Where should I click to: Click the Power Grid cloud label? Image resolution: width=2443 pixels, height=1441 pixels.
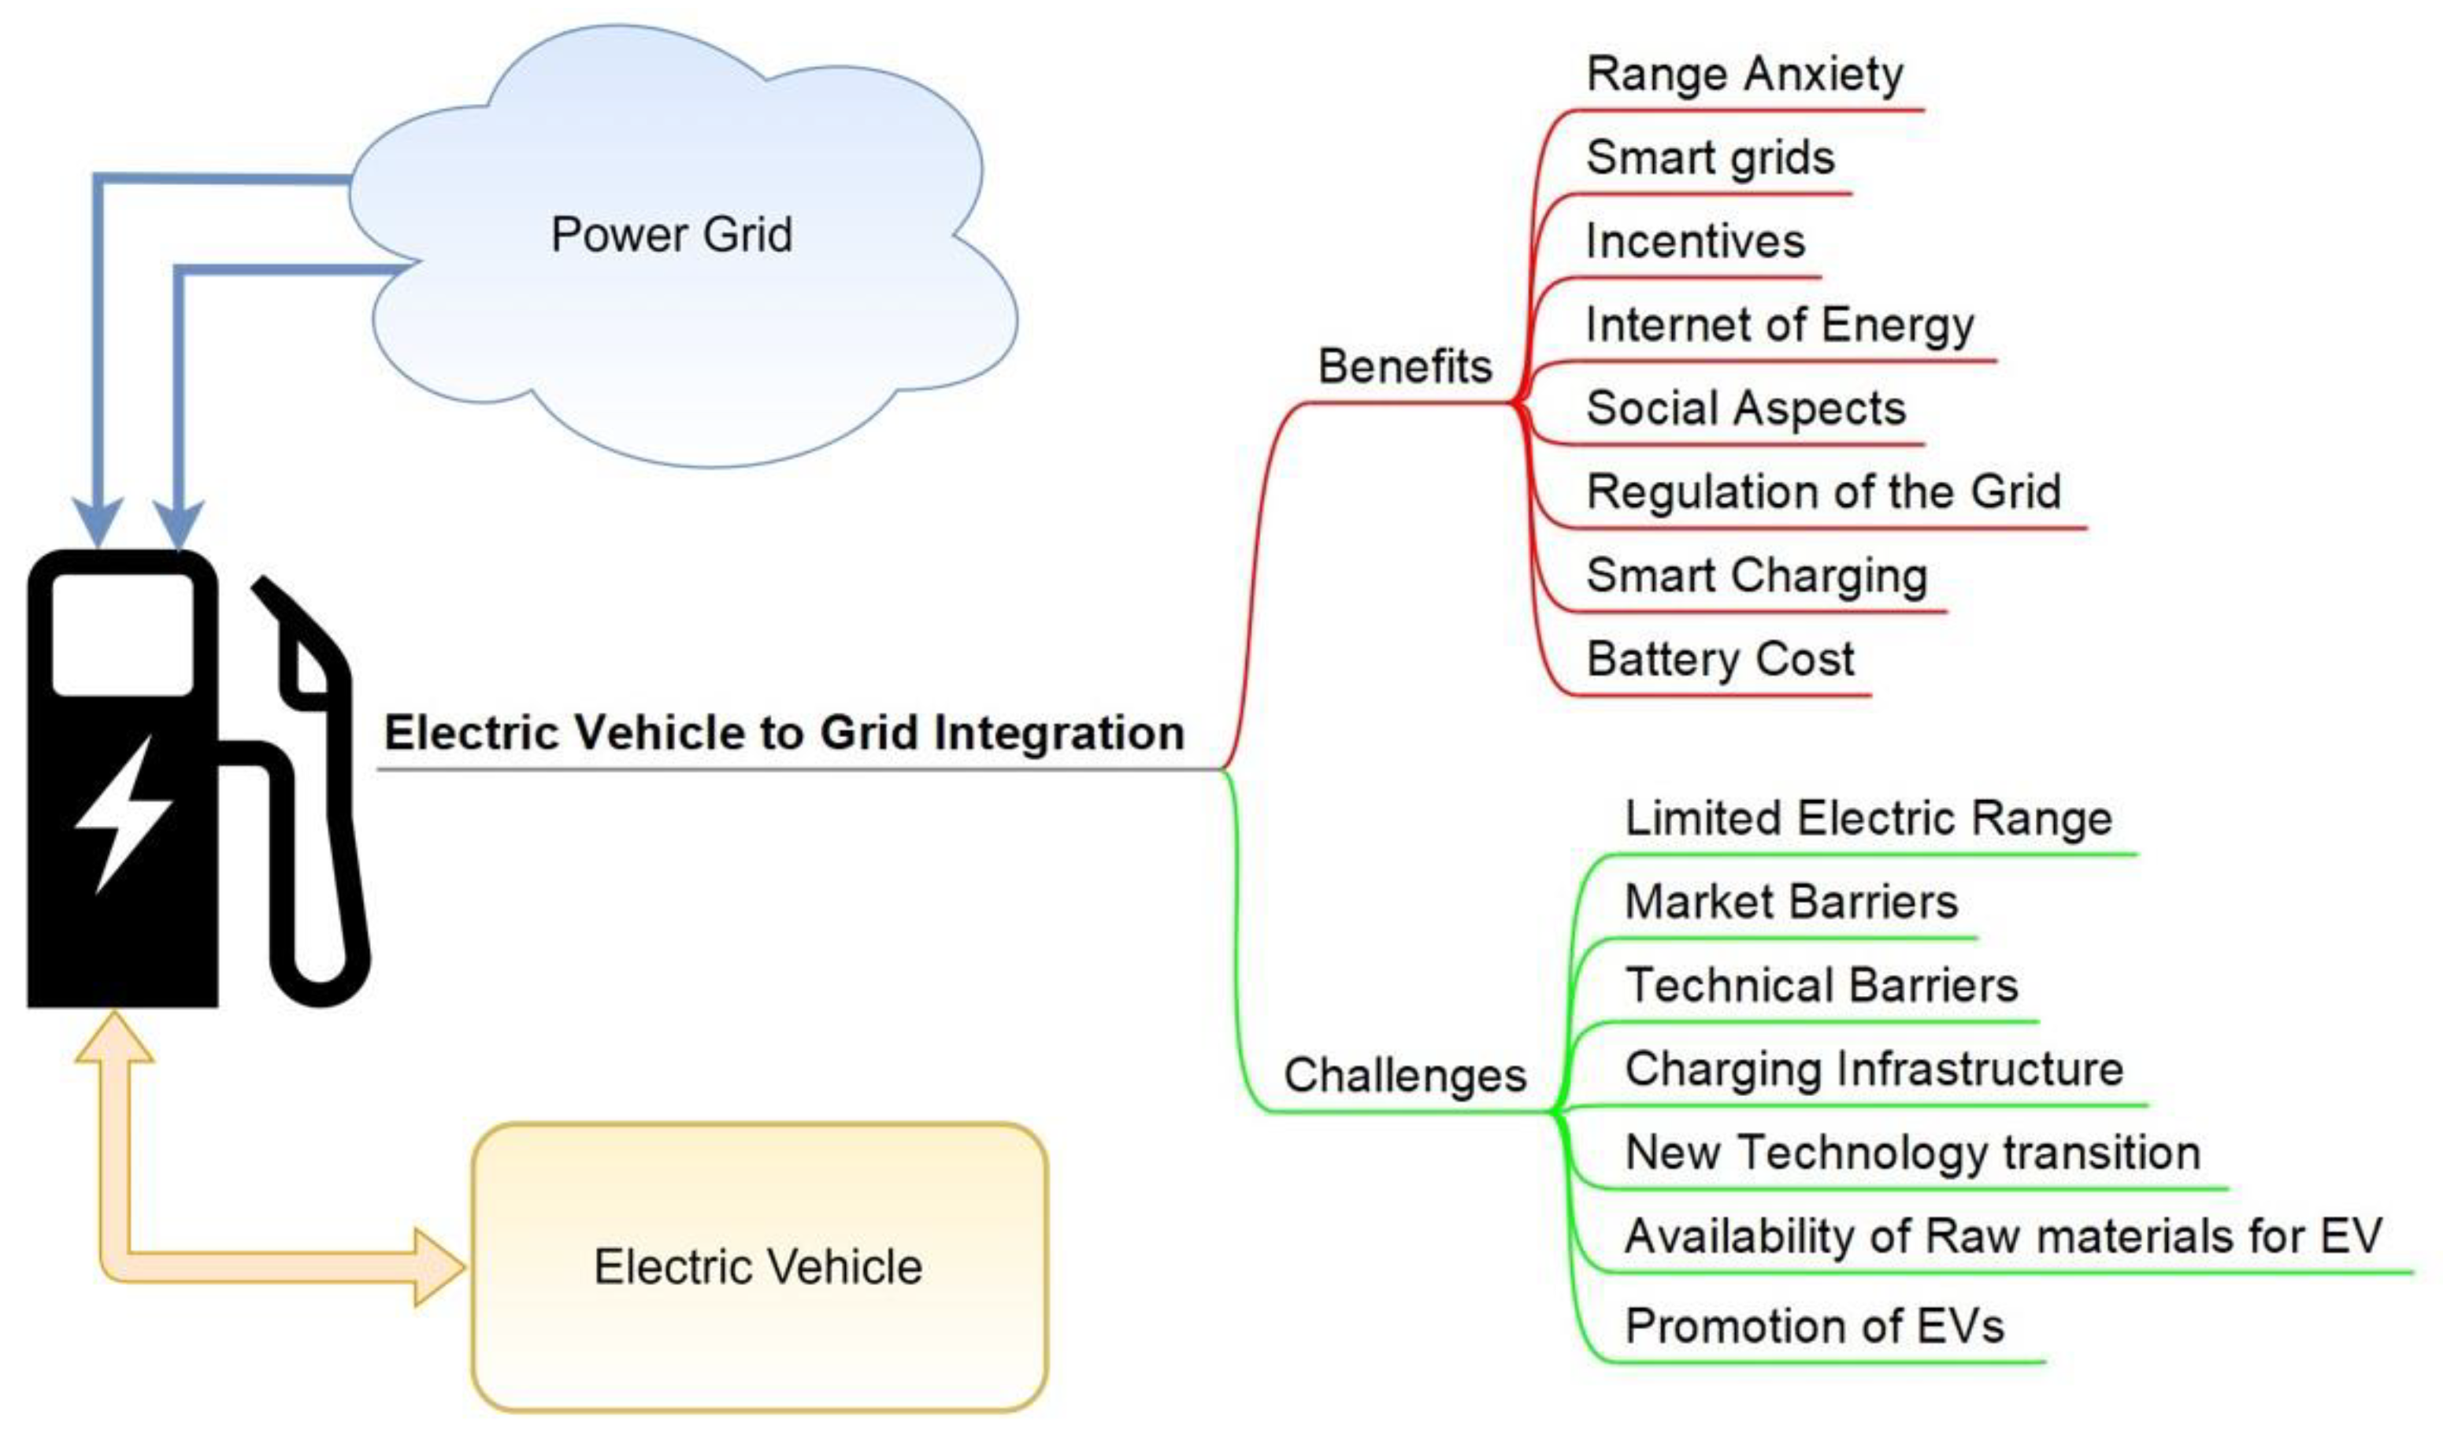(x=671, y=235)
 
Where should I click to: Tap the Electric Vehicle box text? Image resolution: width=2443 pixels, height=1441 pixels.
(x=758, y=1267)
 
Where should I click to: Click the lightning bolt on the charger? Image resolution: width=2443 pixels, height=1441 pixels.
(x=124, y=813)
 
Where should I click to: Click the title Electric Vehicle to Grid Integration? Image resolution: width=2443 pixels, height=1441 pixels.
(x=784, y=733)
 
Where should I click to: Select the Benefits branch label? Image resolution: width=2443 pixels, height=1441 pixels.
(x=1404, y=367)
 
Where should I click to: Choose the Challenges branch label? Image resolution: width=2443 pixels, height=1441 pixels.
(x=1404, y=1076)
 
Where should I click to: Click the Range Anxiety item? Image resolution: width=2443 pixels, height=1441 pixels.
(x=1744, y=75)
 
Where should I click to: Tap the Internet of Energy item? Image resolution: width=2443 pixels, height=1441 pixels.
(x=1779, y=325)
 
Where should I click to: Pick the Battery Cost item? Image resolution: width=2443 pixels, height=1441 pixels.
(x=1719, y=659)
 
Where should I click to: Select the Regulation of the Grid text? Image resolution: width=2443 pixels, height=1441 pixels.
(x=1822, y=492)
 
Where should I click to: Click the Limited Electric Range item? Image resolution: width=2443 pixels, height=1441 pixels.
(x=1867, y=819)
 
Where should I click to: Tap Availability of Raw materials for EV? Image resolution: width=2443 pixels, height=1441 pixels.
(x=2002, y=1236)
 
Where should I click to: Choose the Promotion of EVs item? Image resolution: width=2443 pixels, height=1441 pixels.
(x=1814, y=1326)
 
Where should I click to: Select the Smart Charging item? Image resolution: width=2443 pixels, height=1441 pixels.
(x=1755, y=576)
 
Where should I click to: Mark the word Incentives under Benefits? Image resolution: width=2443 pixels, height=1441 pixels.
(x=1694, y=242)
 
